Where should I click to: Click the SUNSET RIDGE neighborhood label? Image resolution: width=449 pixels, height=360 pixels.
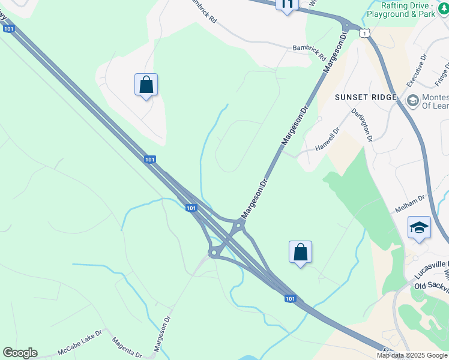pyautogui.click(x=366, y=97)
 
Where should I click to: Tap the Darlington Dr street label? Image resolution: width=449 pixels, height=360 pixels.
pyautogui.click(x=362, y=125)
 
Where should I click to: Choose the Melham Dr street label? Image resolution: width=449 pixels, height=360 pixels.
pyautogui.click(x=410, y=205)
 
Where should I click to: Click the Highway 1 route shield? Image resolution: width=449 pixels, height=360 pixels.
pyautogui.click(x=364, y=34)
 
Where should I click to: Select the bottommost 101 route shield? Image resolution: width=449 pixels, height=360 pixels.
pyautogui.click(x=290, y=298)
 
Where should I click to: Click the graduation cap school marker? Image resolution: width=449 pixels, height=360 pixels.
pyautogui.click(x=419, y=228)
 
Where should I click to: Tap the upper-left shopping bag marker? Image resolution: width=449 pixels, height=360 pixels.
pyautogui.click(x=146, y=85)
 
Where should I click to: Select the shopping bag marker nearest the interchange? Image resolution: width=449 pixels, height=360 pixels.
pyautogui.click(x=300, y=253)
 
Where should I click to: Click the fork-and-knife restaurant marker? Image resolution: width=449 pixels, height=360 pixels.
pyautogui.click(x=287, y=5)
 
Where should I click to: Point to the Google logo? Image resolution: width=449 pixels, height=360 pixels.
pyautogui.click(x=20, y=353)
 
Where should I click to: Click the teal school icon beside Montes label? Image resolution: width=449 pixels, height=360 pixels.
pyautogui.click(x=412, y=100)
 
